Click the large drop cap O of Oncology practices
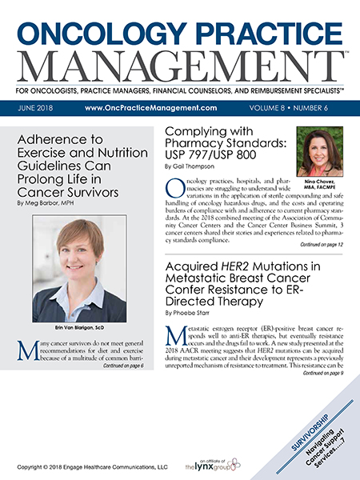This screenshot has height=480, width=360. [x=175, y=190]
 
